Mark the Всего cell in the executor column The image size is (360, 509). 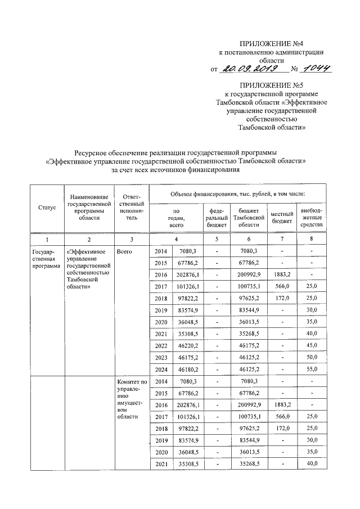tap(124, 251)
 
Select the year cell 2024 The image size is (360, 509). tap(161, 369)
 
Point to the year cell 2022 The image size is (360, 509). tap(161, 345)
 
